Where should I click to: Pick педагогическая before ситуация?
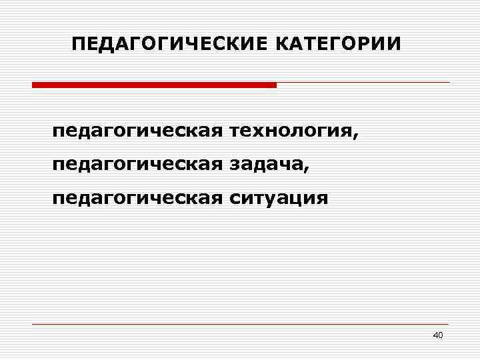pyautogui.click(x=137, y=198)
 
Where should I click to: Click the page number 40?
pyautogui.click(x=437, y=335)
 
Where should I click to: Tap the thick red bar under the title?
pyautogui.click(x=154, y=85)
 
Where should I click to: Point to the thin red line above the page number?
pyautogui.click(x=240, y=324)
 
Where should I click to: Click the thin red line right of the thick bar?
pyautogui.click(x=363, y=83)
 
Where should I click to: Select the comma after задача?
pyautogui.click(x=307, y=168)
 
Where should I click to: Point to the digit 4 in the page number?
pyautogui.click(x=435, y=335)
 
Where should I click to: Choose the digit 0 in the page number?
pyautogui.click(x=440, y=335)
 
